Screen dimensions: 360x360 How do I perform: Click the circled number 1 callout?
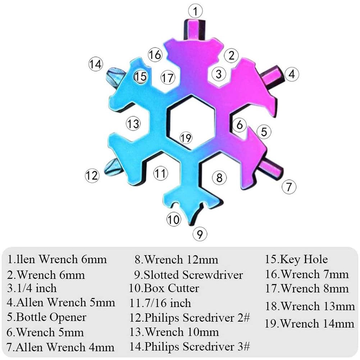point(195,11)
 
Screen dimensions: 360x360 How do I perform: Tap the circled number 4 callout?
point(292,74)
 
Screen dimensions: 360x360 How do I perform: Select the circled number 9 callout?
point(200,234)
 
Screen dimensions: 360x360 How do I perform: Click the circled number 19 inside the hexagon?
point(186,137)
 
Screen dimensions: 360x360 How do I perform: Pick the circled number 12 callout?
point(92,176)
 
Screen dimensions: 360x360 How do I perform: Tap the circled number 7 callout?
point(289,187)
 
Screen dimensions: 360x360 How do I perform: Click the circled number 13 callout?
point(133,124)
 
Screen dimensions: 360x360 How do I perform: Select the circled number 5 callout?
point(264,132)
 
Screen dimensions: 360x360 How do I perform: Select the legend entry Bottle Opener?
point(47,318)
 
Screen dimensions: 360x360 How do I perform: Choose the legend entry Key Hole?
point(296,259)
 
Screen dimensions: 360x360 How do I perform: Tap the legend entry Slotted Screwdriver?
point(189,275)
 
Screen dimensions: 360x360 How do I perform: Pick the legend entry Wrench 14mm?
point(310,323)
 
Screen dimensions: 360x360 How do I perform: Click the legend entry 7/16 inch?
point(160,303)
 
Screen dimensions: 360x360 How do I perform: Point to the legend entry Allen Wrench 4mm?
point(61,347)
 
